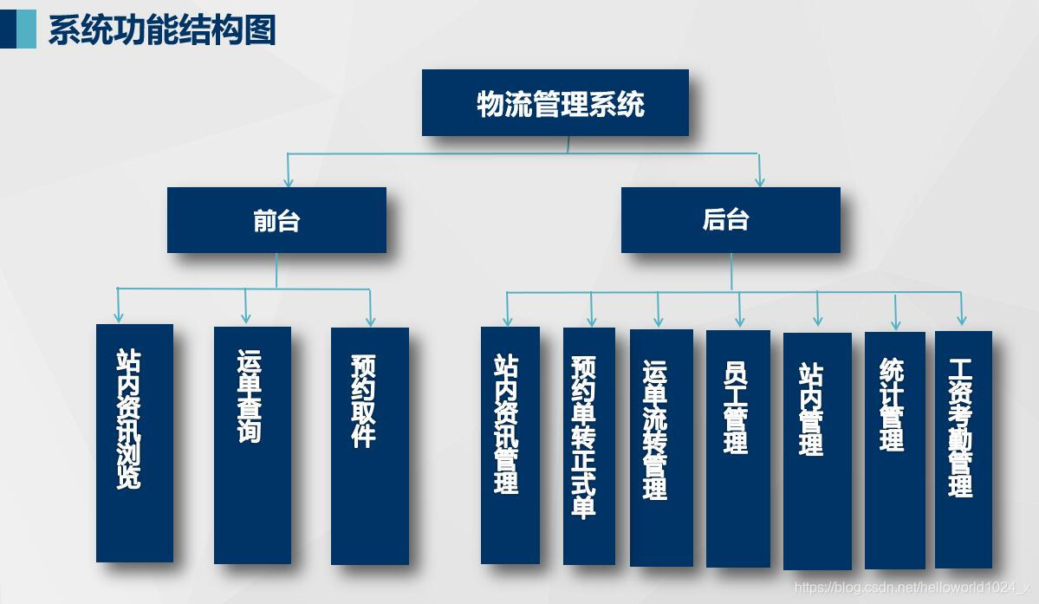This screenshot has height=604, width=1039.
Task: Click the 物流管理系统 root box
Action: pyautogui.click(x=555, y=103)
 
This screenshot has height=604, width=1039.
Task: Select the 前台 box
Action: pyautogui.click(x=276, y=220)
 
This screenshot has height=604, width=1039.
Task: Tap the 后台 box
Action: pyautogui.click(x=731, y=220)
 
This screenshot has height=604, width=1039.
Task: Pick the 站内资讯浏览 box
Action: pyautogui.click(x=134, y=443)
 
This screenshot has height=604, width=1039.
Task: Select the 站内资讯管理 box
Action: pyautogui.click(x=510, y=445)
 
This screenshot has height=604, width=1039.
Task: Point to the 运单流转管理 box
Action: pyautogui.click(x=661, y=447)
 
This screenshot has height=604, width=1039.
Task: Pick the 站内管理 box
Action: pyautogui.click(x=817, y=450)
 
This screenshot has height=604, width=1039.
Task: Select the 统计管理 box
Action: pyautogui.click(x=895, y=450)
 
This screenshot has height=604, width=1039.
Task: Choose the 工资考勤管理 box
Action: pyautogui.click(x=964, y=449)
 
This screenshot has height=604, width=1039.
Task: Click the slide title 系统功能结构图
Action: pyautogui.click(x=162, y=29)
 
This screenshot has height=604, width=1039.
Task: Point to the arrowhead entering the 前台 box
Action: pyautogui.click(x=289, y=181)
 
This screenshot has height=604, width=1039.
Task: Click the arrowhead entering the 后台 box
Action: pyautogui.click(x=760, y=181)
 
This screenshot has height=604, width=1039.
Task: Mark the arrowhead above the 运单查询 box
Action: pyautogui.click(x=246, y=318)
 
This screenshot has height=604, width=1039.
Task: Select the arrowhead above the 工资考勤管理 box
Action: pyautogui.click(x=961, y=321)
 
